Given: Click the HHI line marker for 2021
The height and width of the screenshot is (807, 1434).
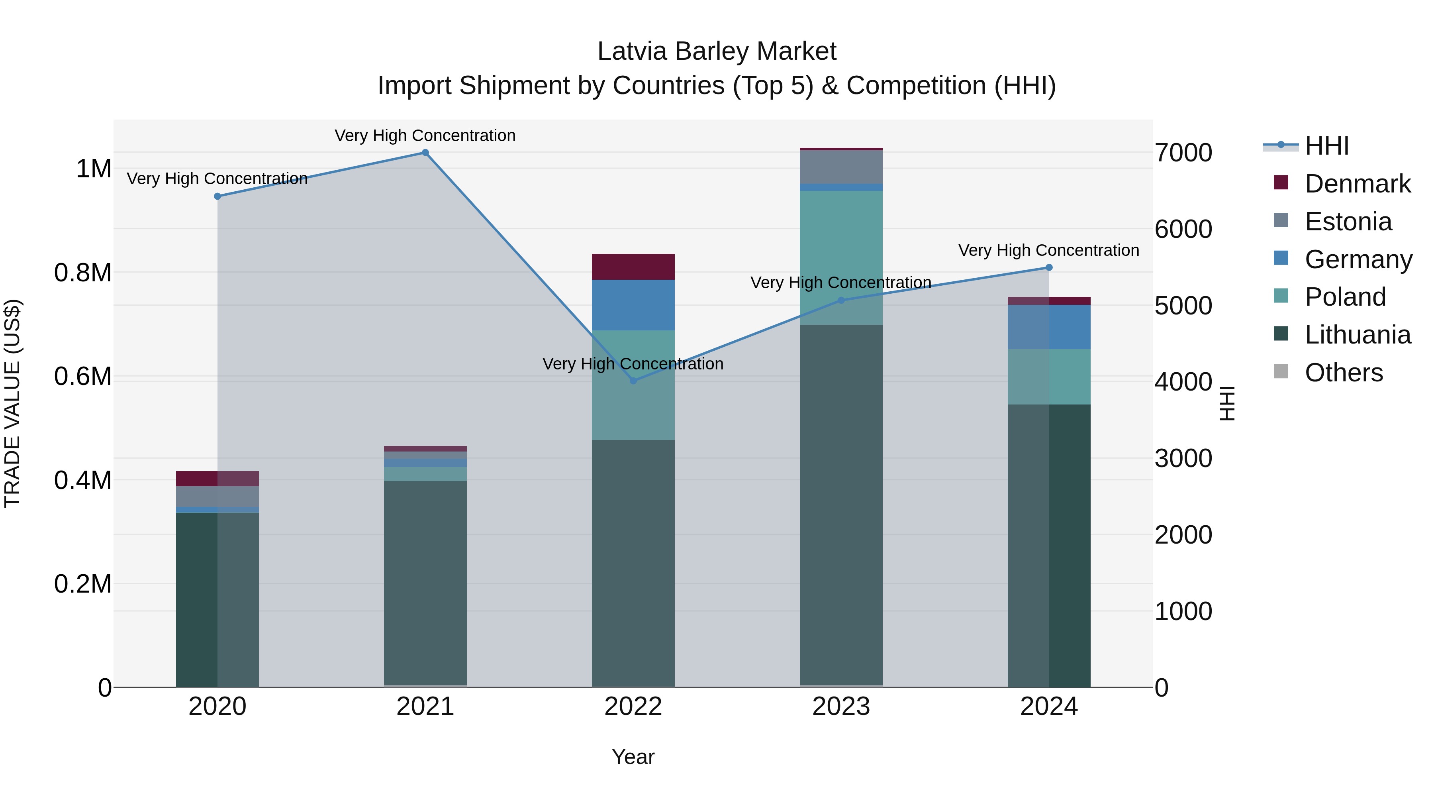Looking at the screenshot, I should pos(425,153).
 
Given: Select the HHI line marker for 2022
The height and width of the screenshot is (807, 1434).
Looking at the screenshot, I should pos(633,381).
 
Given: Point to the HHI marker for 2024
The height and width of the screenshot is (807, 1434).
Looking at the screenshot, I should pos(1049,267).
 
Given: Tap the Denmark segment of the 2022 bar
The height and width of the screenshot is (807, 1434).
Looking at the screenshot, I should pos(633,267).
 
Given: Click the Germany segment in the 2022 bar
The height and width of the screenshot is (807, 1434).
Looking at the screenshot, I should pos(633,305).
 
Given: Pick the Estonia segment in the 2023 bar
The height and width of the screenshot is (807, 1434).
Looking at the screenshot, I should pos(841,167).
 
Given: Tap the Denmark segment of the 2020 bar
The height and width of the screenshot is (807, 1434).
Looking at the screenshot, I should pos(217,478).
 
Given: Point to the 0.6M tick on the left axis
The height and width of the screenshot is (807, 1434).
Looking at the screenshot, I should pos(82,377).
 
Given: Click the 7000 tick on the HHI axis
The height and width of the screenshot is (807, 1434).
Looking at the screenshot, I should pos(1183,153).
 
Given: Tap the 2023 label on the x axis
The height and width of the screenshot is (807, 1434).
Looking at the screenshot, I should pos(841,706).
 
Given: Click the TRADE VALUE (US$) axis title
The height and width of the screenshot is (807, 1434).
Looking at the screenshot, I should pos(12,403).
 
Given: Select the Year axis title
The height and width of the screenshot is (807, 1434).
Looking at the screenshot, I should pos(633,757).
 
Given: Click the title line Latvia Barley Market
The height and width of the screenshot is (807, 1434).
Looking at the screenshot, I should pos(717,51).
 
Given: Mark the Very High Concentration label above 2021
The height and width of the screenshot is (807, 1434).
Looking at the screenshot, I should pos(425,135).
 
